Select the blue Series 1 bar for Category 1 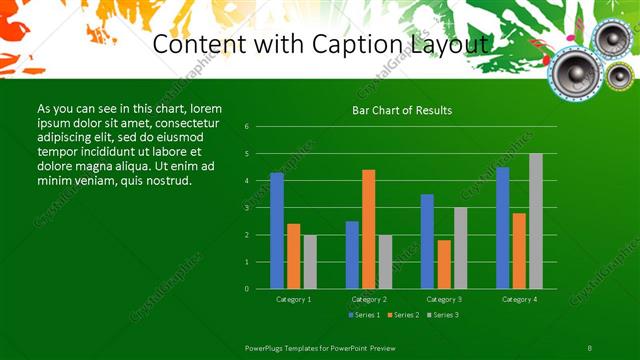click(x=277, y=231)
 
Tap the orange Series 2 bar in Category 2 click(x=369, y=229)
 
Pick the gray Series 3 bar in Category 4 click(x=536, y=221)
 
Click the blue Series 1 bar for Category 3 click(x=427, y=241)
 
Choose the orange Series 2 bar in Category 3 click(x=444, y=264)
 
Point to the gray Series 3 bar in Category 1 click(x=310, y=262)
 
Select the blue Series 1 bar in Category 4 click(x=502, y=228)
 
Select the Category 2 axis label click(x=369, y=299)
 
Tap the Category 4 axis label click(x=519, y=299)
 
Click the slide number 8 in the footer click(x=590, y=346)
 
